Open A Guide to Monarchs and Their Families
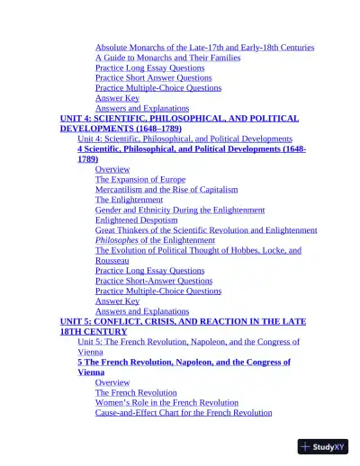tap(167, 58)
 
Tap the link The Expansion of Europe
tap(141, 180)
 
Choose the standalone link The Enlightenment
tap(129, 200)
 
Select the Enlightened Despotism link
tap(140, 220)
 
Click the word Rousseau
tap(112, 260)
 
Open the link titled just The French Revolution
tap(136, 393)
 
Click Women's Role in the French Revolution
tap(167, 403)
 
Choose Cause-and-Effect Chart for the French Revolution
tap(184, 413)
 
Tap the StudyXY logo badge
tap(323, 446)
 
